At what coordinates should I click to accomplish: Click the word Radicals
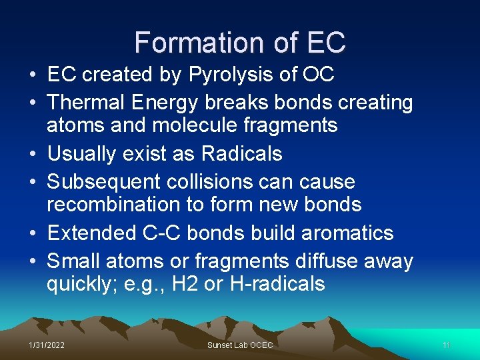(x=241, y=153)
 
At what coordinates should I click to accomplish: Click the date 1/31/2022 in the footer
(x=47, y=345)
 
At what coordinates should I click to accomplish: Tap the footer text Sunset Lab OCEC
(x=240, y=345)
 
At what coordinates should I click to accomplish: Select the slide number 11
(x=447, y=345)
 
